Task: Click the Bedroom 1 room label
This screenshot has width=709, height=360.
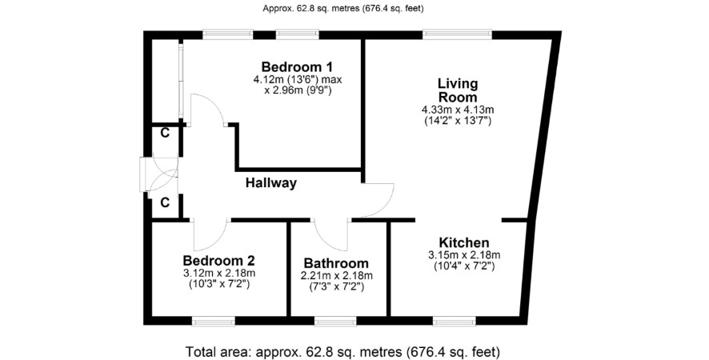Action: click(x=297, y=67)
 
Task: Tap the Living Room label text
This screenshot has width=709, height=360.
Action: click(x=458, y=90)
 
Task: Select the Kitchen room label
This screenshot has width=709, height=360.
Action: click(x=464, y=242)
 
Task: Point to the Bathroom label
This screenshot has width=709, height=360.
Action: click(x=336, y=263)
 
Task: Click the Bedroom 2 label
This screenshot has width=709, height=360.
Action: click(x=218, y=261)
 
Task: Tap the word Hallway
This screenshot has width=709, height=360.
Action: click(x=271, y=183)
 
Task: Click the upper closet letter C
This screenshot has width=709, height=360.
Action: click(x=166, y=134)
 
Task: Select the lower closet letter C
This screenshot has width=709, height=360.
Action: click(x=165, y=203)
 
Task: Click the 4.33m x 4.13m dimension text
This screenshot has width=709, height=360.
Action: click(x=458, y=110)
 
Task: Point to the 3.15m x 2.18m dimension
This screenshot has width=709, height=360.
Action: click(x=464, y=255)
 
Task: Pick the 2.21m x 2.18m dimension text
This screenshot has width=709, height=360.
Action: click(x=336, y=276)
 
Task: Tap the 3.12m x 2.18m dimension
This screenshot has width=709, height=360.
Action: click(x=219, y=273)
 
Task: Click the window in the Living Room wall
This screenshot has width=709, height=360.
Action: click(x=457, y=34)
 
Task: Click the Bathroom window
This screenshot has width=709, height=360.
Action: click(x=335, y=321)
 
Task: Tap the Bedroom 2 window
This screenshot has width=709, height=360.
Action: click(x=214, y=321)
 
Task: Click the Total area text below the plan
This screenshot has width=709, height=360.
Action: click(x=343, y=351)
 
